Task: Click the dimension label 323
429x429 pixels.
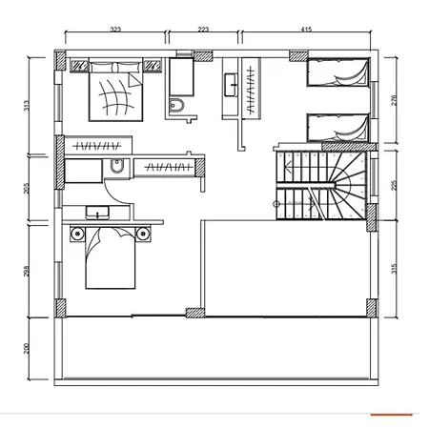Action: (115, 30)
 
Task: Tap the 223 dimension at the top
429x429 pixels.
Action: (203, 30)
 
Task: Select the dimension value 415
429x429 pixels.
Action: (306, 30)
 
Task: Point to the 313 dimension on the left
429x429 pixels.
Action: (27, 106)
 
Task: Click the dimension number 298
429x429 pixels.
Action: (27, 271)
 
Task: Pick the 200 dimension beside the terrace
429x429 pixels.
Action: (27, 348)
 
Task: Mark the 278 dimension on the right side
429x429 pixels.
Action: (395, 100)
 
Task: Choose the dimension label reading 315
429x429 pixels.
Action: (395, 269)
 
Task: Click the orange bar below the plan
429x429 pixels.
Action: (392, 415)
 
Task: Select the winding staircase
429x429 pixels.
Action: (320, 186)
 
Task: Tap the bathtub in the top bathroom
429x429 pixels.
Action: (181, 77)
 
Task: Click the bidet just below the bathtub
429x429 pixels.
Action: (176, 106)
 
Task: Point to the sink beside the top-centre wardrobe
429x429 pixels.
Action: (231, 85)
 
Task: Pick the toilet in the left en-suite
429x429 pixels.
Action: (116, 166)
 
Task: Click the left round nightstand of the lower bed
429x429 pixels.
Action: (77, 234)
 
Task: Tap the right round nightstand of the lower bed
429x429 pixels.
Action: (143, 234)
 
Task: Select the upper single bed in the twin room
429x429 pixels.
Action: (337, 72)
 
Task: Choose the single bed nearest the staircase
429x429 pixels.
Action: (337, 128)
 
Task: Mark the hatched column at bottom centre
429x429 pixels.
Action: (194, 313)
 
